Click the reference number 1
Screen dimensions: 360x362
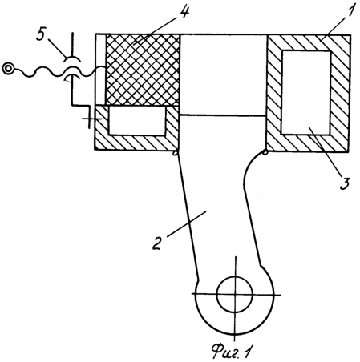351,10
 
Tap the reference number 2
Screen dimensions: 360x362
157,243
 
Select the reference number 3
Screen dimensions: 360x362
345,183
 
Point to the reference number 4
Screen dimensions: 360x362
184,12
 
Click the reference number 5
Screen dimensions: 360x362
41,34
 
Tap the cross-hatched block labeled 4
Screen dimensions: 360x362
143,70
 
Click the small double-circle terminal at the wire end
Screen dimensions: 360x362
8,68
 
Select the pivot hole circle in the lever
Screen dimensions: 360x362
235,294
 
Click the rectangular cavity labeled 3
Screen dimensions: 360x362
306,92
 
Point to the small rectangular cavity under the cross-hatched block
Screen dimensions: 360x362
137,121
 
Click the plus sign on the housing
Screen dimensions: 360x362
90,119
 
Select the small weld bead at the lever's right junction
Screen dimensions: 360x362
265,152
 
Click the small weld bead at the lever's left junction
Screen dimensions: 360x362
175,153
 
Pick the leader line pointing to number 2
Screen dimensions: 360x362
187,223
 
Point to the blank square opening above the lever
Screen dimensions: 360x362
223,74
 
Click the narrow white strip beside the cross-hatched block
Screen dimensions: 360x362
101,70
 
